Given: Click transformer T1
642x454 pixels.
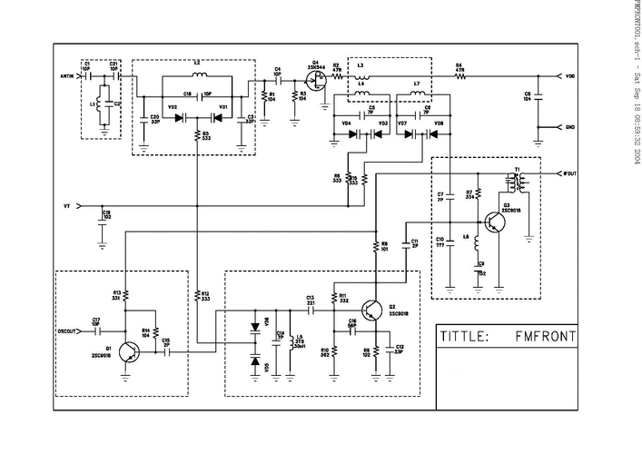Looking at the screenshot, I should coord(519,182).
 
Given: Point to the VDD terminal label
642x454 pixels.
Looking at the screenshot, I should coord(569,76).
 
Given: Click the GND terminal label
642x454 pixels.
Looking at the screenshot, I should coord(569,127).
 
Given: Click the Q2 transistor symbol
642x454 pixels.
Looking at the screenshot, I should coord(372,312).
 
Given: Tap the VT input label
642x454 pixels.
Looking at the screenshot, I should coord(67,206).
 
